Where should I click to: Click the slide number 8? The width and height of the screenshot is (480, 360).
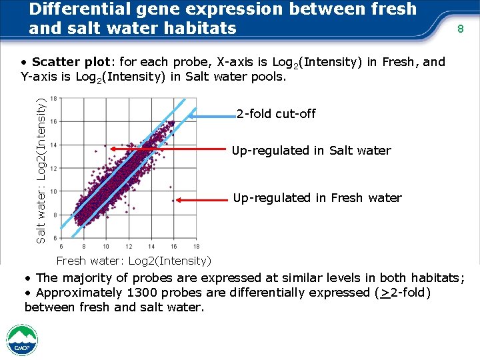[x=460, y=29]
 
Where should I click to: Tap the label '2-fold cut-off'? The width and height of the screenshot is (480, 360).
[x=276, y=114]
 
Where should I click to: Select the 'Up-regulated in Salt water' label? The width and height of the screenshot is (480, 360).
[x=311, y=151]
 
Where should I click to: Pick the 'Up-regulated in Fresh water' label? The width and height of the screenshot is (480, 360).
[x=317, y=198]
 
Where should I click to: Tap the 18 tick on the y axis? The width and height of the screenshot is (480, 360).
[x=53, y=99]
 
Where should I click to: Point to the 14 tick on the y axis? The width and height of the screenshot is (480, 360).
[x=53, y=145]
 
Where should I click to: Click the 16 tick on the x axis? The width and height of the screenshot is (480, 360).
[x=175, y=246]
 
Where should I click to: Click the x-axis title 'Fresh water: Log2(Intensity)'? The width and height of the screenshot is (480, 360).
[x=134, y=261]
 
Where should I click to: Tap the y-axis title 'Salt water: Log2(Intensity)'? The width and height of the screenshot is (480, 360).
[x=41, y=171]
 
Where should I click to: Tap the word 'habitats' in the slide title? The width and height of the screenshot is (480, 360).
[x=200, y=28]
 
